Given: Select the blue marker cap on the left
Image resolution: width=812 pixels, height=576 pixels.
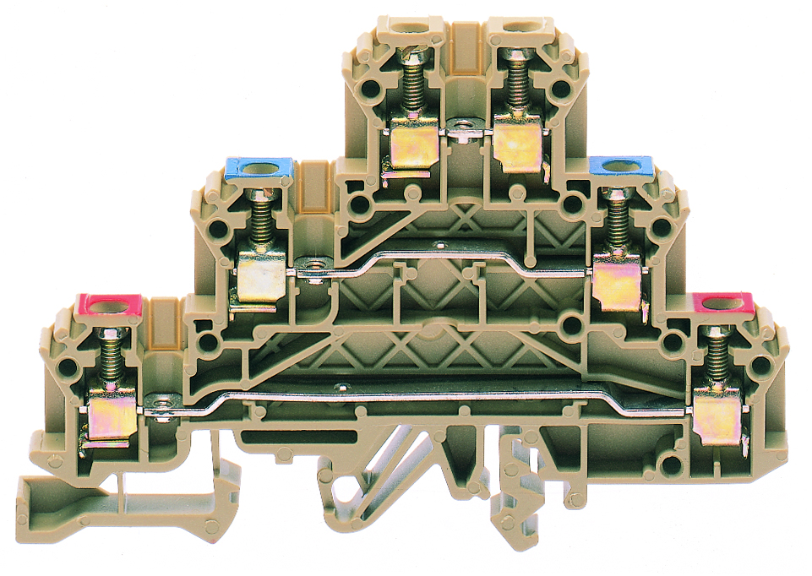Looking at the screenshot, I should (x=259, y=167).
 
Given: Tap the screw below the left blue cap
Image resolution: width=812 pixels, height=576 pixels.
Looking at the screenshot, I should (x=259, y=219).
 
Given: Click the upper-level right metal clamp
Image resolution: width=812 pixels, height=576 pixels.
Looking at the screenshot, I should (x=517, y=145).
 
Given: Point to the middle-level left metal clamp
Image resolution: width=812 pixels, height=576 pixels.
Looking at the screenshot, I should (x=259, y=279).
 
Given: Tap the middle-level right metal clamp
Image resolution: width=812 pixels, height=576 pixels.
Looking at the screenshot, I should (x=617, y=284).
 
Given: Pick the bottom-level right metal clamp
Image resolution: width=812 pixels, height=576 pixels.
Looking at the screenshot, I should (x=717, y=418).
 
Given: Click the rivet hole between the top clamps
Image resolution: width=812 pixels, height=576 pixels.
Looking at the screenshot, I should (x=462, y=131).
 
